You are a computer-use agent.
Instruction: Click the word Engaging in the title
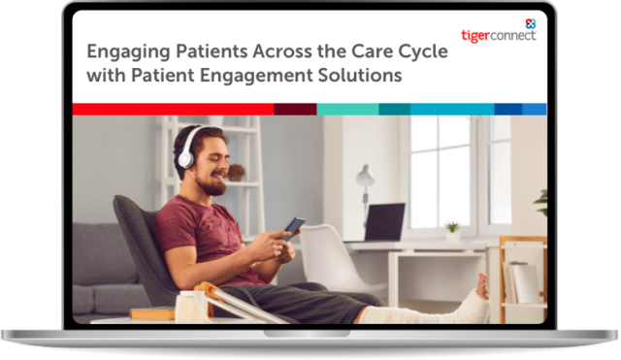point(125,50)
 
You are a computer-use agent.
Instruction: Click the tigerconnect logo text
point(498,35)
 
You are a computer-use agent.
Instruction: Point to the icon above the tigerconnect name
point(529,21)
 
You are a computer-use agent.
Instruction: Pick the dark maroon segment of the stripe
point(295,109)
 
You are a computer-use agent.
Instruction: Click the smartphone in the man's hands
point(294,226)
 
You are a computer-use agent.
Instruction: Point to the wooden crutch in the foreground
point(243,302)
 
